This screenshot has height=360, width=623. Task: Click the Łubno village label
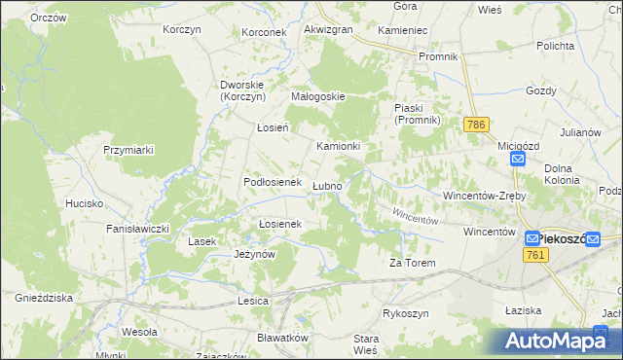point(327,186)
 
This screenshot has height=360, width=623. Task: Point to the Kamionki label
point(339,146)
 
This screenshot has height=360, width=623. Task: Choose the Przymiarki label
point(129,150)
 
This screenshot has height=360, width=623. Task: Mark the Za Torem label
point(411,263)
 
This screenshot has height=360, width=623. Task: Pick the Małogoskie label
point(319,96)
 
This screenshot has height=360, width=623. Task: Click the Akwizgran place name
point(328,30)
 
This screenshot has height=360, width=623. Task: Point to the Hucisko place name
point(84,203)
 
